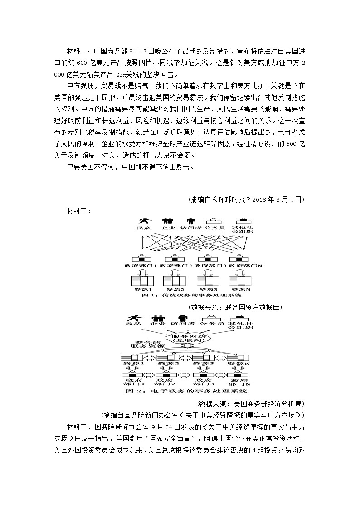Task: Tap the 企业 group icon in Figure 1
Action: click(168, 221)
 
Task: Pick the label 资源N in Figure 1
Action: click(240, 289)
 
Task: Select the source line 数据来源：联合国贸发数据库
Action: click(236, 307)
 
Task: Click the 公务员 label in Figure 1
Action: click(214, 228)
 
